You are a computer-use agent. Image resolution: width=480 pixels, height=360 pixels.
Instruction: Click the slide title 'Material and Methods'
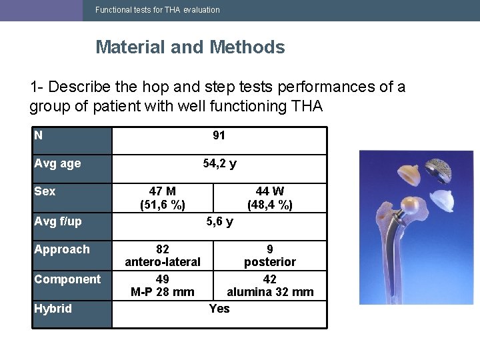click(x=190, y=47)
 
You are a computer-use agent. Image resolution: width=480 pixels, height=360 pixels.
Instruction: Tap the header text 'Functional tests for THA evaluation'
click(x=157, y=10)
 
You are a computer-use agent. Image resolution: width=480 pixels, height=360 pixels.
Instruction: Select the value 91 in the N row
click(x=219, y=135)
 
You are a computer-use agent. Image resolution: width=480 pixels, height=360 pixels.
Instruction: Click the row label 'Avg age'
click(x=57, y=163)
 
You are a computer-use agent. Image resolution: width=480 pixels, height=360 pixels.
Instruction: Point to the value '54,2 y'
click(x=219, y=163)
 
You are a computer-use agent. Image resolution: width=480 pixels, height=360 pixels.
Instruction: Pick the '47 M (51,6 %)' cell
click(x=163, y=198)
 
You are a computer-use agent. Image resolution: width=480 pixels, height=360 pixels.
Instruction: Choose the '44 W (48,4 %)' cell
click(x=270, y=198)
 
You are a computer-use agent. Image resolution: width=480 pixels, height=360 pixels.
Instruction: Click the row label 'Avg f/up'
click(x=58, y=221)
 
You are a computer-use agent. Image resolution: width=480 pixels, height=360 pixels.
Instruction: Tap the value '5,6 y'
click(x=219, y=221)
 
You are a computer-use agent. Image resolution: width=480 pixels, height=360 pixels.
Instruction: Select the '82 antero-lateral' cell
click(x=163, y=255)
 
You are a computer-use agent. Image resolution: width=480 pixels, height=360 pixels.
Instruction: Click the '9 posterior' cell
click(x=270, y=255)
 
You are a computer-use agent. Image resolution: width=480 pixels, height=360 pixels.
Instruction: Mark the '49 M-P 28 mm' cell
click(x=163, y=285)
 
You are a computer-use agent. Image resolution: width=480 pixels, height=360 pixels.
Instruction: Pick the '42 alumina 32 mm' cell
click(x=270, y=285)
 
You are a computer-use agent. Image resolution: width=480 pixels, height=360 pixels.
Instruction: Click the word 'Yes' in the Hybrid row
click(x=219, y=308)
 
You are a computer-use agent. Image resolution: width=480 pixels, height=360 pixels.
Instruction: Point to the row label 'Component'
click(x=67, y=279)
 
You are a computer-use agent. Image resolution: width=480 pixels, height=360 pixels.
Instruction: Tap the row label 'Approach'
click(x=62, y=249)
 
